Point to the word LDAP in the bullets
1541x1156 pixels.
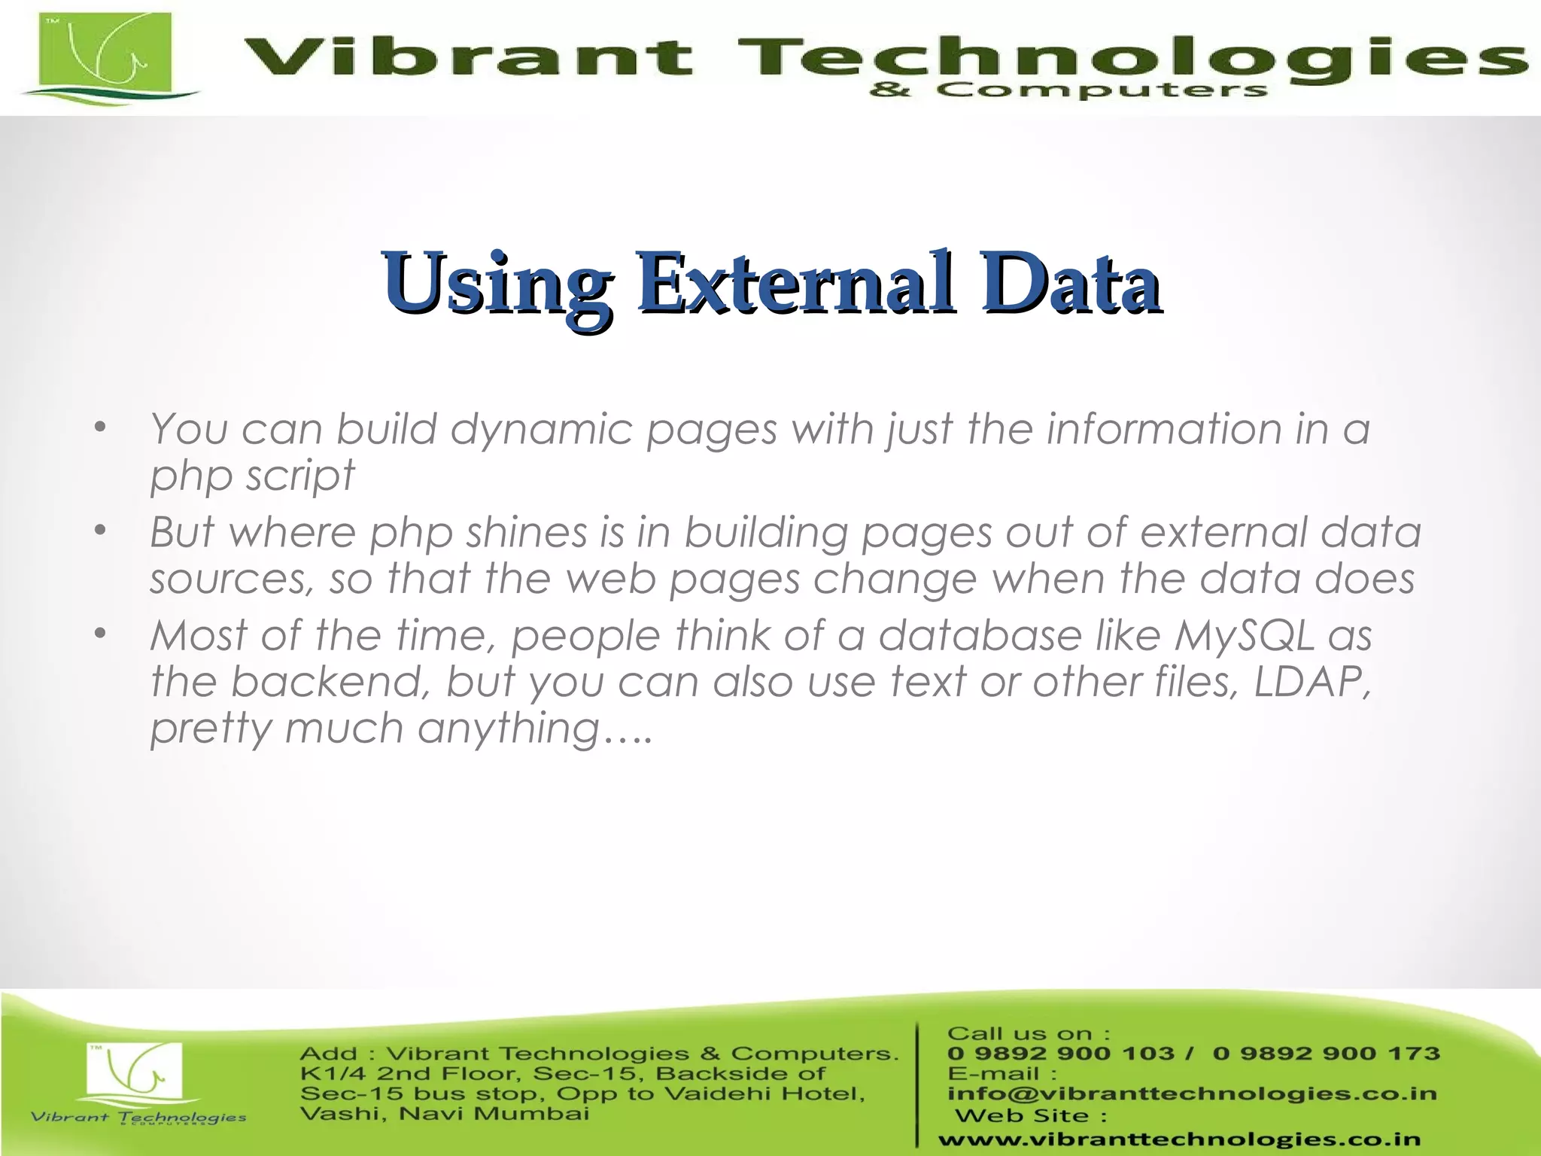pyautogui.click(x=1308, y=682)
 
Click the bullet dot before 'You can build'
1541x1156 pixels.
pyautogui.click(x=101, y=429)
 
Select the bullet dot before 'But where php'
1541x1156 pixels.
pyautogui.click(x=101, y=532)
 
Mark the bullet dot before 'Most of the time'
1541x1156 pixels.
pyautogui.click(x=101, y=635)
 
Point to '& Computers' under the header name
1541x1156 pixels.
pyautogui.click(x=1068, y=91)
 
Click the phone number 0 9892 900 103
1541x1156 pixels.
pyautogui.click(x=1060, y=1054)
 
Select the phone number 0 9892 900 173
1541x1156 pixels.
pyautogui.click(x=1326, y=1054)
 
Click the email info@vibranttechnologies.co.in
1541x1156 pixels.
pyautogui.click(x=1192, y=1094)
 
